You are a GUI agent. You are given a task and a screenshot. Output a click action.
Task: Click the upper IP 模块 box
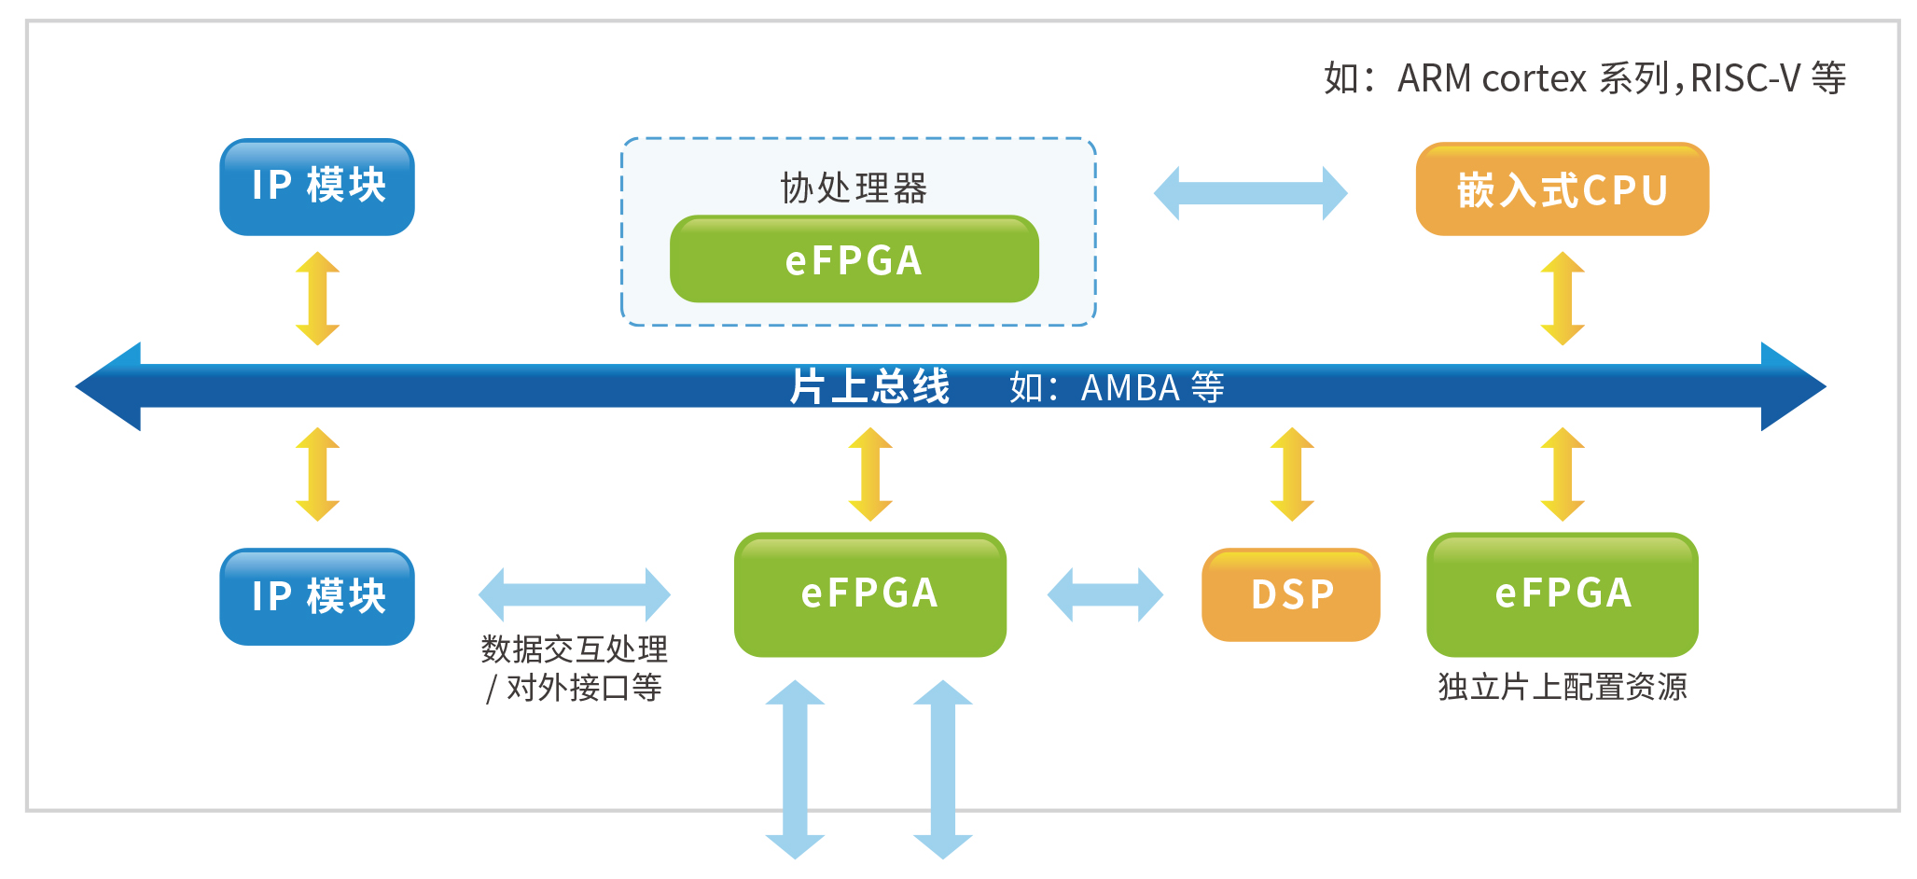(317, 187)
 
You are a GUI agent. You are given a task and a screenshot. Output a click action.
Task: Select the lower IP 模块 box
(317, 596)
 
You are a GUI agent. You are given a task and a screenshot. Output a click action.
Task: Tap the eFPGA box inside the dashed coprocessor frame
(854, 259)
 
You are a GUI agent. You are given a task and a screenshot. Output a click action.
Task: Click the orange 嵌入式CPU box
(1562, 189)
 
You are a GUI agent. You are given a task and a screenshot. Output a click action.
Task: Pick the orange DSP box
(1291, 594)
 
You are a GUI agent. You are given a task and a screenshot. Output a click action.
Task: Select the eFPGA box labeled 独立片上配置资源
(1562, 594)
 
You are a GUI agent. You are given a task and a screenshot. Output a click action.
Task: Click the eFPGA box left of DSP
(869, 594)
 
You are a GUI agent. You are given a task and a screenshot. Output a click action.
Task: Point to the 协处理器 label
(854, 188)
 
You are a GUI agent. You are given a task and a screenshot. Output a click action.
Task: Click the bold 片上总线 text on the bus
(869, 386)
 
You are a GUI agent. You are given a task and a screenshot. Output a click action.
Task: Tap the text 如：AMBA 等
(1117, 387)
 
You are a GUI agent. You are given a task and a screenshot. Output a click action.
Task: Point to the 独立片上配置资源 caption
(1562, 687)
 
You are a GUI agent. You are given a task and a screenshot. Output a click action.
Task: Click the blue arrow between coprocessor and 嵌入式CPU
(1250, 193)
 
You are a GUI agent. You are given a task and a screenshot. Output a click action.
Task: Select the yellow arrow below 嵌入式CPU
(1563, 299)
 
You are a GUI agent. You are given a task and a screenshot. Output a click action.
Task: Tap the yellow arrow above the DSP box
(1292, 474)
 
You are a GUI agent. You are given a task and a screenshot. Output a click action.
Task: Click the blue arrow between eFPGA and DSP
(1105, 594)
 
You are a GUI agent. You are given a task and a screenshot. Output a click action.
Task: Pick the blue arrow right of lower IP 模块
(574, 594)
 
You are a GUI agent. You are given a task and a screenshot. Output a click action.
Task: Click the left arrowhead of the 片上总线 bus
(107, 386)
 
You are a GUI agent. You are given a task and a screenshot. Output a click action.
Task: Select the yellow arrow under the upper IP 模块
(317, 299)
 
